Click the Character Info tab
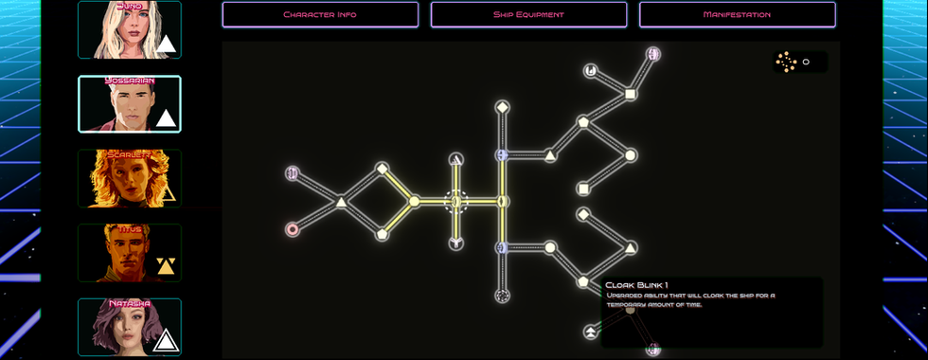point(320,14)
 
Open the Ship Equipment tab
point(528,14)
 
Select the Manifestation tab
point(737,14)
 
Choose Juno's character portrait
point(129,29)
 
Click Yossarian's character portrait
point(129,104)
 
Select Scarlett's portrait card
point(129,178)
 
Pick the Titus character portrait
point(129,253)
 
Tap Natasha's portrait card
point(129,327)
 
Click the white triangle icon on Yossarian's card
point(167,118)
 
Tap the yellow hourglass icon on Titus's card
point(167,266)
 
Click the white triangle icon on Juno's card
point(167,45)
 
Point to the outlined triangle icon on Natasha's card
point(167,340)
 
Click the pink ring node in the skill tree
point(292,229)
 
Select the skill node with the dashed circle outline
point(455,201)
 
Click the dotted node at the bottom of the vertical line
point(502,296)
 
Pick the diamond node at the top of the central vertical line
point(502,106)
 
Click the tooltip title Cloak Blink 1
point(636,285)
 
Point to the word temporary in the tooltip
point(628,305)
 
